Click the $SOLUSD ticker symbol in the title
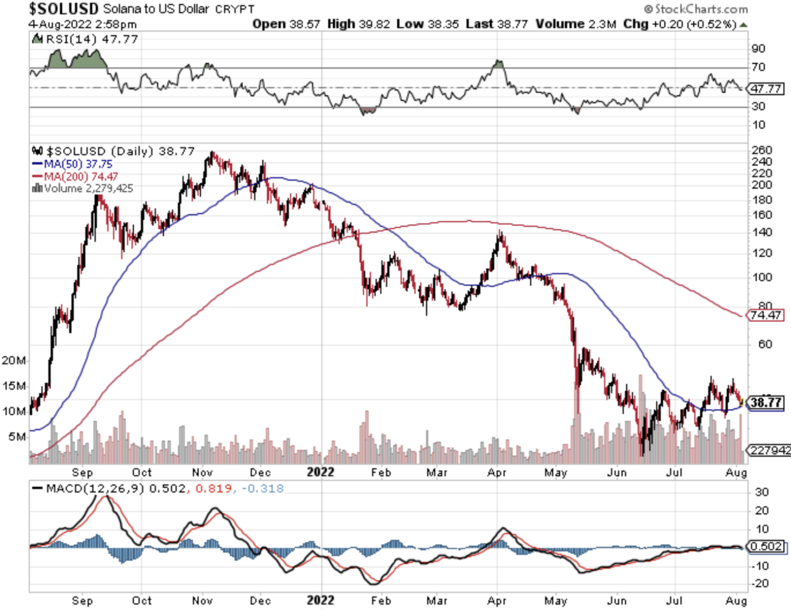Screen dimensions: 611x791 coord(63,9)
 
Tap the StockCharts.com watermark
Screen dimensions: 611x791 coord(696,9)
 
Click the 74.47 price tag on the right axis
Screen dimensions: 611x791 coord(765,315)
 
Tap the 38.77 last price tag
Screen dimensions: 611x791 coord(766,402)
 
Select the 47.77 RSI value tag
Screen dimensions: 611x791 coord(766,89)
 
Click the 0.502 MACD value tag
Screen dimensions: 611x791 coord(766,546)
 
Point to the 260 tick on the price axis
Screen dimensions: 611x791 coord(762,150)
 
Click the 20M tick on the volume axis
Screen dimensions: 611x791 coord(13,360)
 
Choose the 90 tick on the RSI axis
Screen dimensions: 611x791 coord(759,49)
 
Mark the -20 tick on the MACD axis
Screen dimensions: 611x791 coord(760,584)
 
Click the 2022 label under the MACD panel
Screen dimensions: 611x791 coord(320,600)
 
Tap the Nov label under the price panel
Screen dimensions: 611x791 coord(202,473)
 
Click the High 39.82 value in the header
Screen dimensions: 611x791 coord(358,24)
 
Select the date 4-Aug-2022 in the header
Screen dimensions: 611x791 coord(61,24)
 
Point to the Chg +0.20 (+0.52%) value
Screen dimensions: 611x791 coord(679,24)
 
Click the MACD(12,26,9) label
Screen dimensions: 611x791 coord(95,488)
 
